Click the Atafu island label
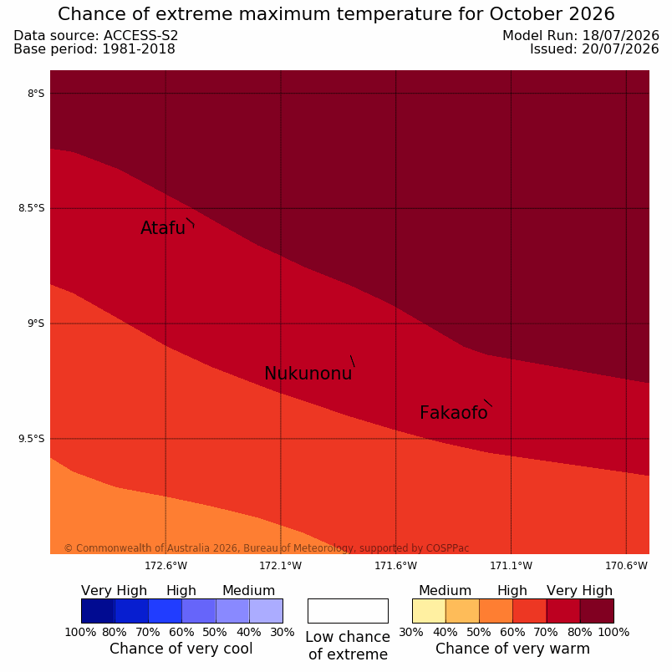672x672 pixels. pyautogui.click(x=163, y=228)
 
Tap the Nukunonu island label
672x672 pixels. pyautogui.click(x=308, y=374)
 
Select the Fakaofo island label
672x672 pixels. pyautogui.click(x=453, y=413)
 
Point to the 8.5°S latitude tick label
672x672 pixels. pyautogui.click(x=31, y=208)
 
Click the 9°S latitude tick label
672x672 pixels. pyautogui.click(x=36, y=323)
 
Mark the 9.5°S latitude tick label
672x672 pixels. pyautogui.click(x=31, y=439)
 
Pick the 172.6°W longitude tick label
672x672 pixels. pyautogui.click(x=165, y=566)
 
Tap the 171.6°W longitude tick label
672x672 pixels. pyautogui.click(x=395, y=566)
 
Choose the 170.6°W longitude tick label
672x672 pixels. pyautogui.click(x=626, y=566)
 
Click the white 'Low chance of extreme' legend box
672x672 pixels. pyautogui.click(x=348, y=611)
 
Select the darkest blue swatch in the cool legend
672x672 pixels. pyautogui.click(x=98, y=611)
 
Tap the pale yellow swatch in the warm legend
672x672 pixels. pyautogui.click(x=429, y=611)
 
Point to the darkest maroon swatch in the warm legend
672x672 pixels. pyautogui.click(x=597, y=611)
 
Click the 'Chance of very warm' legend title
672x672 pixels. pyautogui.click(x=512, y=649)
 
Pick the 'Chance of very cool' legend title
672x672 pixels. pyautogui.click(x=181, y=649)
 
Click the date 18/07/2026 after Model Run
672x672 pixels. pyautogui.click(x=620, y=36)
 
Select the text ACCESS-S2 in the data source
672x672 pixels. pyautogui.click(x=140, y=36)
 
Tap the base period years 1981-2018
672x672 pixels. pyautogui.click(x=139, y=48)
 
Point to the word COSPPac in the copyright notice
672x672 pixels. pyautogui.click(x=447, y=548)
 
